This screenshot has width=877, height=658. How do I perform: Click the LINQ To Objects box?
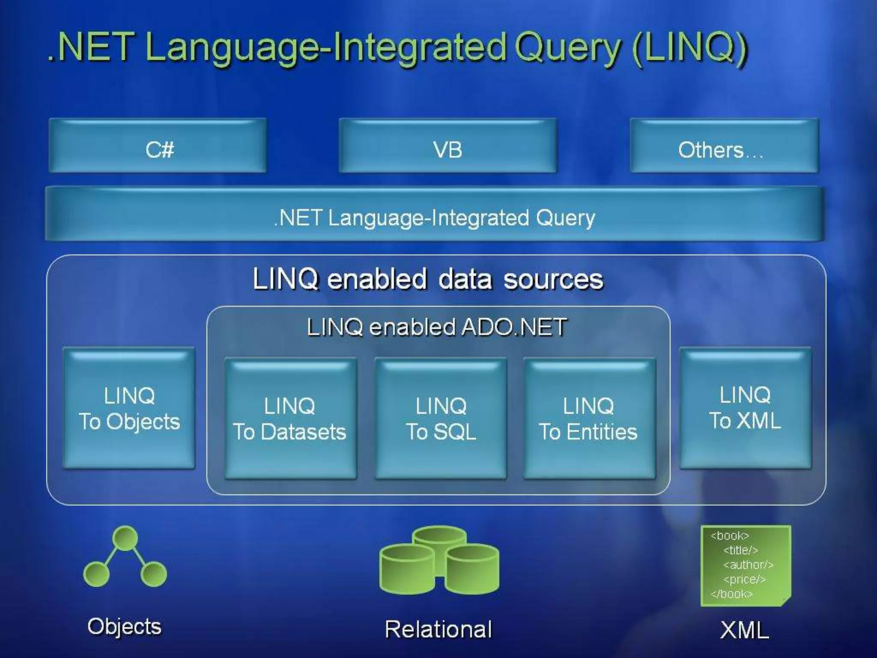click(129, 408)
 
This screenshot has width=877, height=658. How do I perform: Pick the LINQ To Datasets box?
click(290, 419)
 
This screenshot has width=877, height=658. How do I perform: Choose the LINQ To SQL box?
click(441, 419)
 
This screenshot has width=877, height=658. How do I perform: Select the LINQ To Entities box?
click(589, 419)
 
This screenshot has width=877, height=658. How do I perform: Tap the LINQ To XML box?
click(745, 408)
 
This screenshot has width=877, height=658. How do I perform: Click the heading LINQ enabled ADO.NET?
click(437, 327)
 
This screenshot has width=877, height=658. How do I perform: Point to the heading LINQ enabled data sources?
click(428, 279)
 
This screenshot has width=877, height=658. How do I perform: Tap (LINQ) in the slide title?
click(689, 48)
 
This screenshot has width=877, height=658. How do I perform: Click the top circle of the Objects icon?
click(125, 538)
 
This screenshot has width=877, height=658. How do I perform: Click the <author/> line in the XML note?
click(748, 565)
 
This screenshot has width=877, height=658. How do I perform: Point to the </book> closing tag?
click(731, 594)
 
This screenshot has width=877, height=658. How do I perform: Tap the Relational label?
click(438, 629)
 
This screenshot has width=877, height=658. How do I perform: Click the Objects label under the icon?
click(125, 627)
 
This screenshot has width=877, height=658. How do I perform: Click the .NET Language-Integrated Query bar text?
click(434, 218)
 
